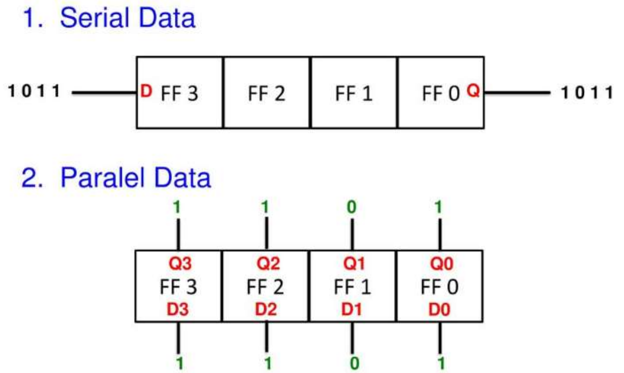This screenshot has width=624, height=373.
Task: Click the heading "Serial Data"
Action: pyautogui.click(x=127, y=18)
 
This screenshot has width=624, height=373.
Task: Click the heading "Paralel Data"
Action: pyautogui.click(x=135, y=177)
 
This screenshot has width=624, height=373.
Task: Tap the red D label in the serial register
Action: pyautogui.click(x=146, y=91)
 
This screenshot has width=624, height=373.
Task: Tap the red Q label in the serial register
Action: pyautogui.click(x=473, y=90)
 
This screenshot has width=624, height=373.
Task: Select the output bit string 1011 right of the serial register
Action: pyautogui.click(x=587, y=93)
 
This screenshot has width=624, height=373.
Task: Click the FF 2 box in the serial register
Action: pyautogui.click(x=266, y=93)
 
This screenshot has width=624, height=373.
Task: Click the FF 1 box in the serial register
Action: pyautogui.click(x=354, y=93)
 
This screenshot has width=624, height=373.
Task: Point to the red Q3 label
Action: pyautogui.click(x=180, y=264)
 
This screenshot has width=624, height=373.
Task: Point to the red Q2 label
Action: pyautogui.click(x=268, y=264)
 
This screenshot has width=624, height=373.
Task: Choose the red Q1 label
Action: pyautogui.click(x=354, y=264)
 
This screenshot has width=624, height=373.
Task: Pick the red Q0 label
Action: pyautogui.click(x=441, y=264)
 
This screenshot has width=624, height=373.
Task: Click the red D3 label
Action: pyautogui.click(x=178, y=309)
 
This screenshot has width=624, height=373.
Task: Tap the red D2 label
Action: pyautogui.click(x=266, y=309)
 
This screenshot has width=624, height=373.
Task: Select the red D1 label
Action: pyautogui.click(x=352, y=309)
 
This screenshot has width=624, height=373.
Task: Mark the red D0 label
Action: pyautogui.click(x=439, y=309)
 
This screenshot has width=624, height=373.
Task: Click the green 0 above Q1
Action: pyautogui.click(x=352, y=207)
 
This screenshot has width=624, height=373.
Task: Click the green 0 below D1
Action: pyautogui.click(x=354, y=363)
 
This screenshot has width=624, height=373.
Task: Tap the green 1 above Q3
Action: pyautogui.click(x=177, y=207)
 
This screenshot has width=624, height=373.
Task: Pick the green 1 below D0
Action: pyautogui.click(x=441, y=363)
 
